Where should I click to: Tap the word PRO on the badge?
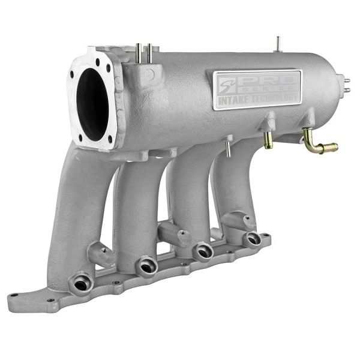(x=264, y=80)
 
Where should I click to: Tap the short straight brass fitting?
(x=268, y=140)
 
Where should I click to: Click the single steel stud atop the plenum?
(x=278, y=44)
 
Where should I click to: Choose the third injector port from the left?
(x=204, y=251)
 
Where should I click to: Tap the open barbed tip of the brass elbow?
(x=334, y=146)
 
